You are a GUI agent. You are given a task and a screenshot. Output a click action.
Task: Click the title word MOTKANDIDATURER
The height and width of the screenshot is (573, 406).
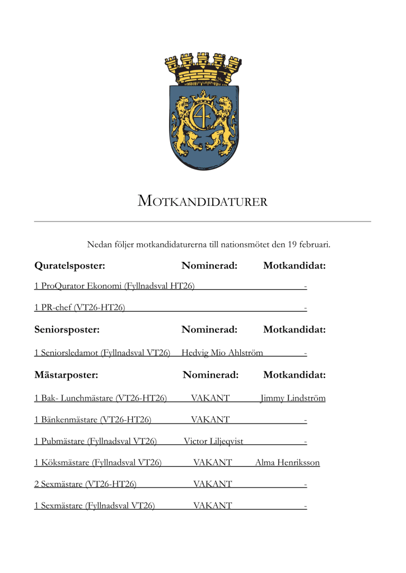[202, 201]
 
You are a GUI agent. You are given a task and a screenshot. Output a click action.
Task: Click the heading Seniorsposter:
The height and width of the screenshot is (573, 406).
[67, 330]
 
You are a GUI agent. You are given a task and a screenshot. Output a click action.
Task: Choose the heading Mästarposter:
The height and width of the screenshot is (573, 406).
[66, 375]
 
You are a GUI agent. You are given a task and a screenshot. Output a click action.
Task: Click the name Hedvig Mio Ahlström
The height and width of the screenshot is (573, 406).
[222, 353]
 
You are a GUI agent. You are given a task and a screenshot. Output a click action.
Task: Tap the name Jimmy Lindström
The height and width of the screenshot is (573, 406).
[293, 398]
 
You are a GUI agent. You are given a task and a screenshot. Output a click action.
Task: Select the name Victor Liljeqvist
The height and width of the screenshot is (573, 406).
[213, 441]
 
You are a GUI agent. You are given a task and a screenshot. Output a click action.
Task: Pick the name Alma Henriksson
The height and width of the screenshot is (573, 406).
[287, 462]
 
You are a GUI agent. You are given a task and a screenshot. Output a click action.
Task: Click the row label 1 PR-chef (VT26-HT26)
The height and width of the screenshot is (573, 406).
[79, 307]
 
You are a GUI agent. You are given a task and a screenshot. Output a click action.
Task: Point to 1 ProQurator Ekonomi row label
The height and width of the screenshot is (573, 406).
[114, 286]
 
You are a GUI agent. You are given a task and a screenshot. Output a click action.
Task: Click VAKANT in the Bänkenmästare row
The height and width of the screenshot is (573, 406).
[210, 419]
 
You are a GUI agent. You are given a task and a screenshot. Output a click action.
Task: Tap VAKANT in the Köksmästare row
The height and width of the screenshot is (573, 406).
[212, 462]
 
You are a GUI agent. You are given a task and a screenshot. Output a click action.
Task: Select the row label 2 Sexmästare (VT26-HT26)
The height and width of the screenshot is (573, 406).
[85, 484]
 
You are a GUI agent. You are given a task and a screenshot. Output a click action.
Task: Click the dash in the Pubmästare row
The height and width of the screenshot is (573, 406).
[305, 442]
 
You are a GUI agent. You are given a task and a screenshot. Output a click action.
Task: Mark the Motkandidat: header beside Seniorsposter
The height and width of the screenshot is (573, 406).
[294, 330]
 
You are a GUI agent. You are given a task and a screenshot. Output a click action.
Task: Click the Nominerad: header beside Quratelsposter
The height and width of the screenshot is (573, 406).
[209, 265]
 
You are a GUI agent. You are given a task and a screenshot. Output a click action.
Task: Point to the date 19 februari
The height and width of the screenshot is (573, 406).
[309, 244]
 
